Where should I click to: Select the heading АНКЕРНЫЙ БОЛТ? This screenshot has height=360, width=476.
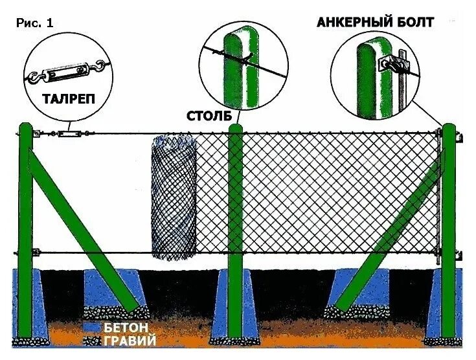pos(375,22)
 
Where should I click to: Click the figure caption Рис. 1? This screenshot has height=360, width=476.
pos(34,23)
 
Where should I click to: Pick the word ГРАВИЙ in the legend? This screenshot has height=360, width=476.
pos(130,339)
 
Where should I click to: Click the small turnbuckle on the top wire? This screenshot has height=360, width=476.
pos(68,134)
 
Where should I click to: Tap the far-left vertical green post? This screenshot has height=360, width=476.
pos(25,227)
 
